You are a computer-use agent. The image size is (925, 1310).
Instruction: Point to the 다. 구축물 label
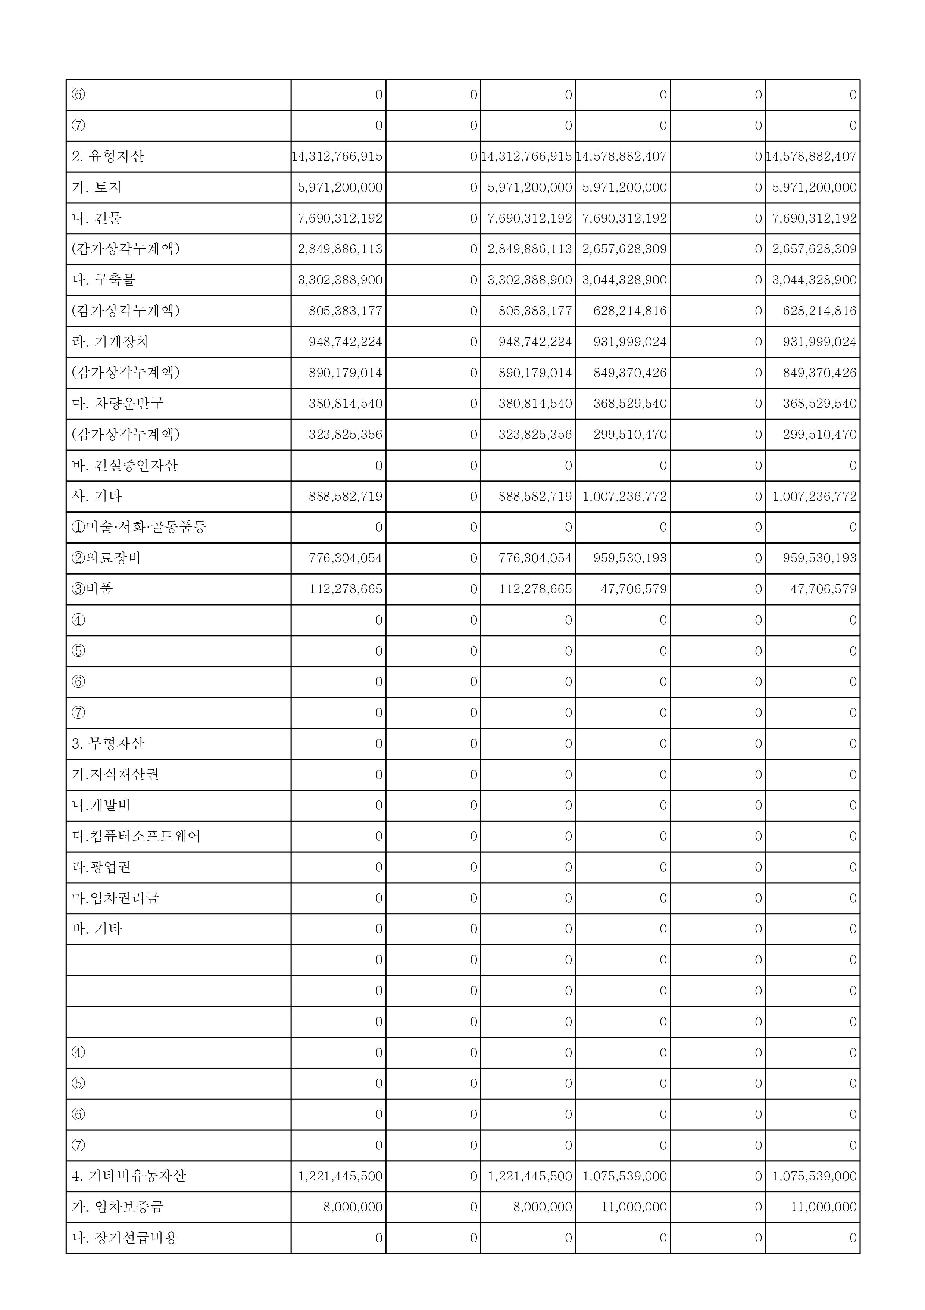coord(103,280)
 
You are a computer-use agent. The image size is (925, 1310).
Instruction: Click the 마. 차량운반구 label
coord(118,404)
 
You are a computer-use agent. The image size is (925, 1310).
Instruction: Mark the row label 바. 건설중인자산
coord(124,465)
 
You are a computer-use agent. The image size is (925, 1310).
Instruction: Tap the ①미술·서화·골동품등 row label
coord(138,527)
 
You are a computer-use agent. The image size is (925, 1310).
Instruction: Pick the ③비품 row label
coord(93,589)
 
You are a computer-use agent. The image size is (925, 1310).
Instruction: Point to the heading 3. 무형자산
coord(108,743)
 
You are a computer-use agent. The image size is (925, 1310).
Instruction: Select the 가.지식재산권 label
coord(115,774)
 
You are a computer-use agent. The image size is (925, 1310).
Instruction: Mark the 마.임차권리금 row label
coord(115,898)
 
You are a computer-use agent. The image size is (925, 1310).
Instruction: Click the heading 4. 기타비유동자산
coord(129,1176)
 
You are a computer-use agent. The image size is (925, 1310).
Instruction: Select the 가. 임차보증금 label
coord(118,1207)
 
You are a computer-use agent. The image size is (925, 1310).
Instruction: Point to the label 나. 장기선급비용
coord(124,1238)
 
